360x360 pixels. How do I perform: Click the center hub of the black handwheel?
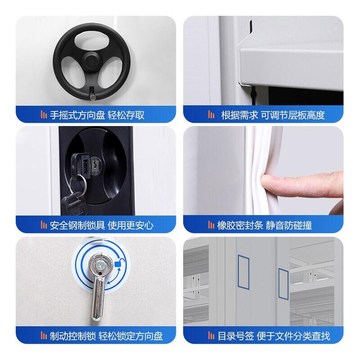[x=92, y=61]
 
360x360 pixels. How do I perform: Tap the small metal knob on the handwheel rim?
[x=93, y=97]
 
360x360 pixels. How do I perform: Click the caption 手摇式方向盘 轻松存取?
[x=97, y=115]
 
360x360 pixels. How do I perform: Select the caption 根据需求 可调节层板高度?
[x=273, y=115]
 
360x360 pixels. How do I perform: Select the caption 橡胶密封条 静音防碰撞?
[x=265, y=225]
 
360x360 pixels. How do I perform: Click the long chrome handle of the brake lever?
[x=98, y=298]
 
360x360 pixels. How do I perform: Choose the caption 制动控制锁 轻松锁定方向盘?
[x=106, y=336]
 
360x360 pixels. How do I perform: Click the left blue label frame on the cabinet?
[x=243, y=272]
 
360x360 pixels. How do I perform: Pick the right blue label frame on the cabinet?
[x=283, y=284]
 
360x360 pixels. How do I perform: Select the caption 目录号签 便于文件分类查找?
[x=274, y=336]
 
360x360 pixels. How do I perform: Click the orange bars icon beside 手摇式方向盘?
[x=44, y=115]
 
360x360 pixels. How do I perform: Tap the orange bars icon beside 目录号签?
[x=211, y=335]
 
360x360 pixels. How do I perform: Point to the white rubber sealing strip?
[x=264, y=170]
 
